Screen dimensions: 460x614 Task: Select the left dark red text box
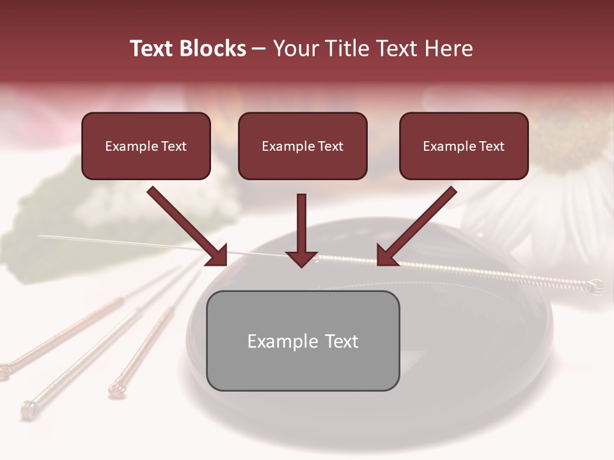click(x=146, y=146)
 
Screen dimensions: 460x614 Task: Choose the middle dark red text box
click(x=303, y=146)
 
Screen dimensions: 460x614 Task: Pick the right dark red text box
click(x=464, y=146)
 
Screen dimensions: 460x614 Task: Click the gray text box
click(x=303, y=341)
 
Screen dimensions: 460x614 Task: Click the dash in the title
click(x=259, y=49)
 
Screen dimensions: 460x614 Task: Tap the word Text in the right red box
click(x=492, y=146)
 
